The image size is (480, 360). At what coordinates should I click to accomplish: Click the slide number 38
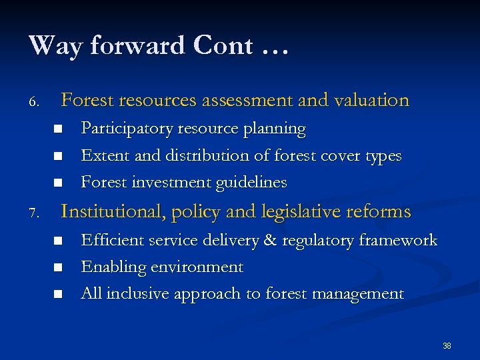447,346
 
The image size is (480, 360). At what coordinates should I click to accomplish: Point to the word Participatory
120,129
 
